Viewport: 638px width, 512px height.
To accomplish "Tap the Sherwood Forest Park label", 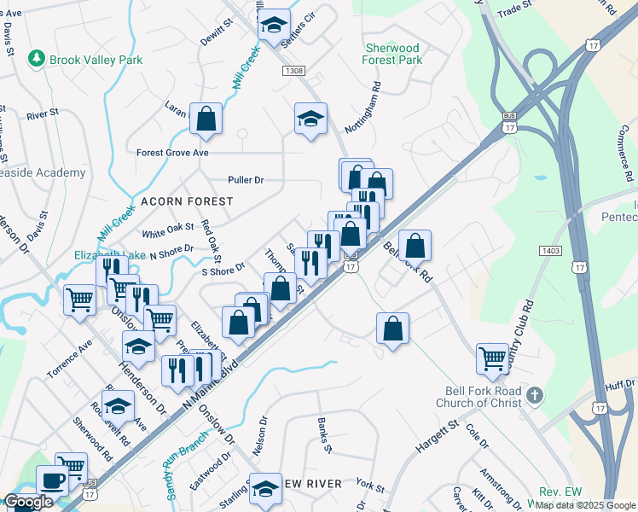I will (x=392, y=55).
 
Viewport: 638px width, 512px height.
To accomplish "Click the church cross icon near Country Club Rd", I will (x=534, y=395).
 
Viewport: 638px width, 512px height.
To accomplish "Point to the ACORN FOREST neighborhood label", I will (x=186, y=201).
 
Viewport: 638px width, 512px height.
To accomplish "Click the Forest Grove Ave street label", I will (x=172, y=153).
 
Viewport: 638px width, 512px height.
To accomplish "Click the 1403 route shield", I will (x=549, y=250).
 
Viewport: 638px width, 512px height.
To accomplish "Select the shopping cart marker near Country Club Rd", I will (x=493, y=358).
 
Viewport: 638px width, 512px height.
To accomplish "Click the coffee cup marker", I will (x=51, y=480).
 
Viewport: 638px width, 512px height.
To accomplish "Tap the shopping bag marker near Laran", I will (x=206, y=119).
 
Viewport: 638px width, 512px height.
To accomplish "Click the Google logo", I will (x=27, y=502).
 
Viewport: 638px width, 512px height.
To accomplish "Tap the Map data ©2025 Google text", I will (x=585, y=505).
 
